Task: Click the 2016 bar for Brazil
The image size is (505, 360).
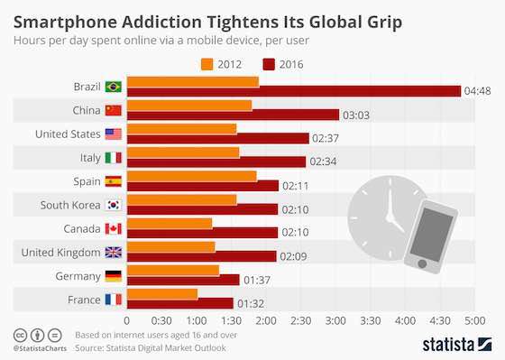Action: (293, 91)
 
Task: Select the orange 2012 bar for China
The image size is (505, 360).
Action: (189, 106)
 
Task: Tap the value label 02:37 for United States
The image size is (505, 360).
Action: (323, 138)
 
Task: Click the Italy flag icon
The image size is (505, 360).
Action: (114, 157)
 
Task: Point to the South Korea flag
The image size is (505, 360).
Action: (114, 204)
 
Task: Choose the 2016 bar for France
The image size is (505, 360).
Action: (179, 303)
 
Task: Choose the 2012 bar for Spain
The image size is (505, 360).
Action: (191, 176)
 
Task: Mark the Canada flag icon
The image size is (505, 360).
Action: (114, 227)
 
